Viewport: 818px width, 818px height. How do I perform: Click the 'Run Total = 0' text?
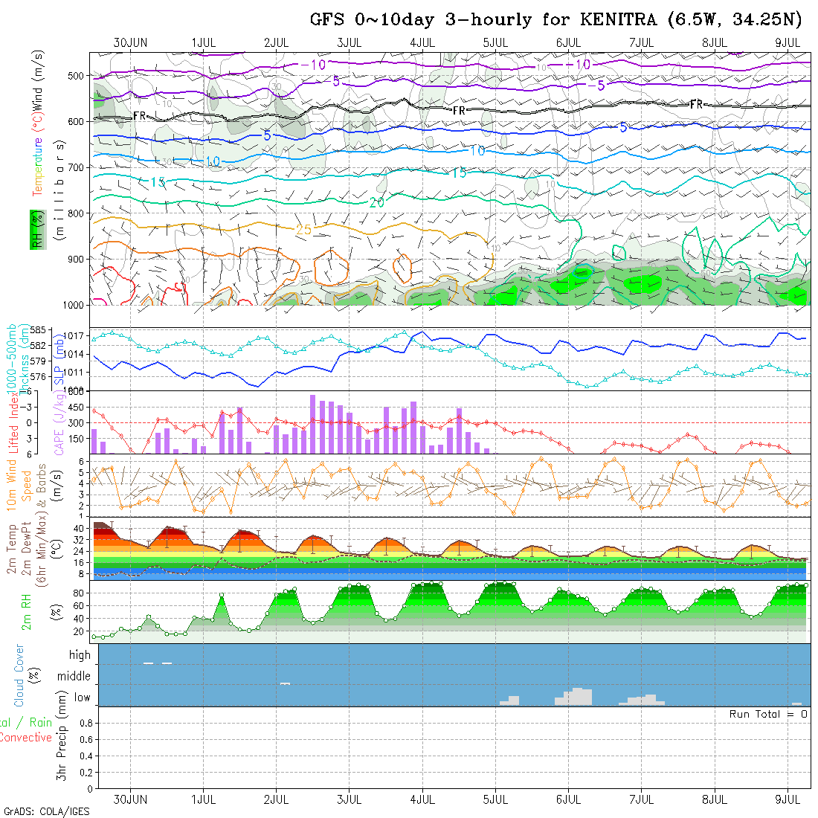coord(768,714)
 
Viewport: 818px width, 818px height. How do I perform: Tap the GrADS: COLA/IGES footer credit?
coord(46,811)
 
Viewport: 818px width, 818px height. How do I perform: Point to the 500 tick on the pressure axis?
coord(77,76)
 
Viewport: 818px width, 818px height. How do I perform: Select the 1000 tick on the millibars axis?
coord(74,305)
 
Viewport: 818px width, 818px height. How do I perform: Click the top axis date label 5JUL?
coord(495,42)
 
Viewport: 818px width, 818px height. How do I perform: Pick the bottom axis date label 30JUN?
coord(130,799)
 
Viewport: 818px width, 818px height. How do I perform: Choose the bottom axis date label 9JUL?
coord(787,799)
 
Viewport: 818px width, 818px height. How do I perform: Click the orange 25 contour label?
coord(303,230)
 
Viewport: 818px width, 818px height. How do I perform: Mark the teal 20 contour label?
coord(376,202)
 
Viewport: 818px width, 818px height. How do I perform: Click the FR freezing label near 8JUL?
coord(696,105)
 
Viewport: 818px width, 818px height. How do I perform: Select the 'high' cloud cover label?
coord(80,655)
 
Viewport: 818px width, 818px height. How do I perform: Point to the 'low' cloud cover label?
coord(82,698)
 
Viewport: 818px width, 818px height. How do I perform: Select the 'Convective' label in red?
coord(25,738)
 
